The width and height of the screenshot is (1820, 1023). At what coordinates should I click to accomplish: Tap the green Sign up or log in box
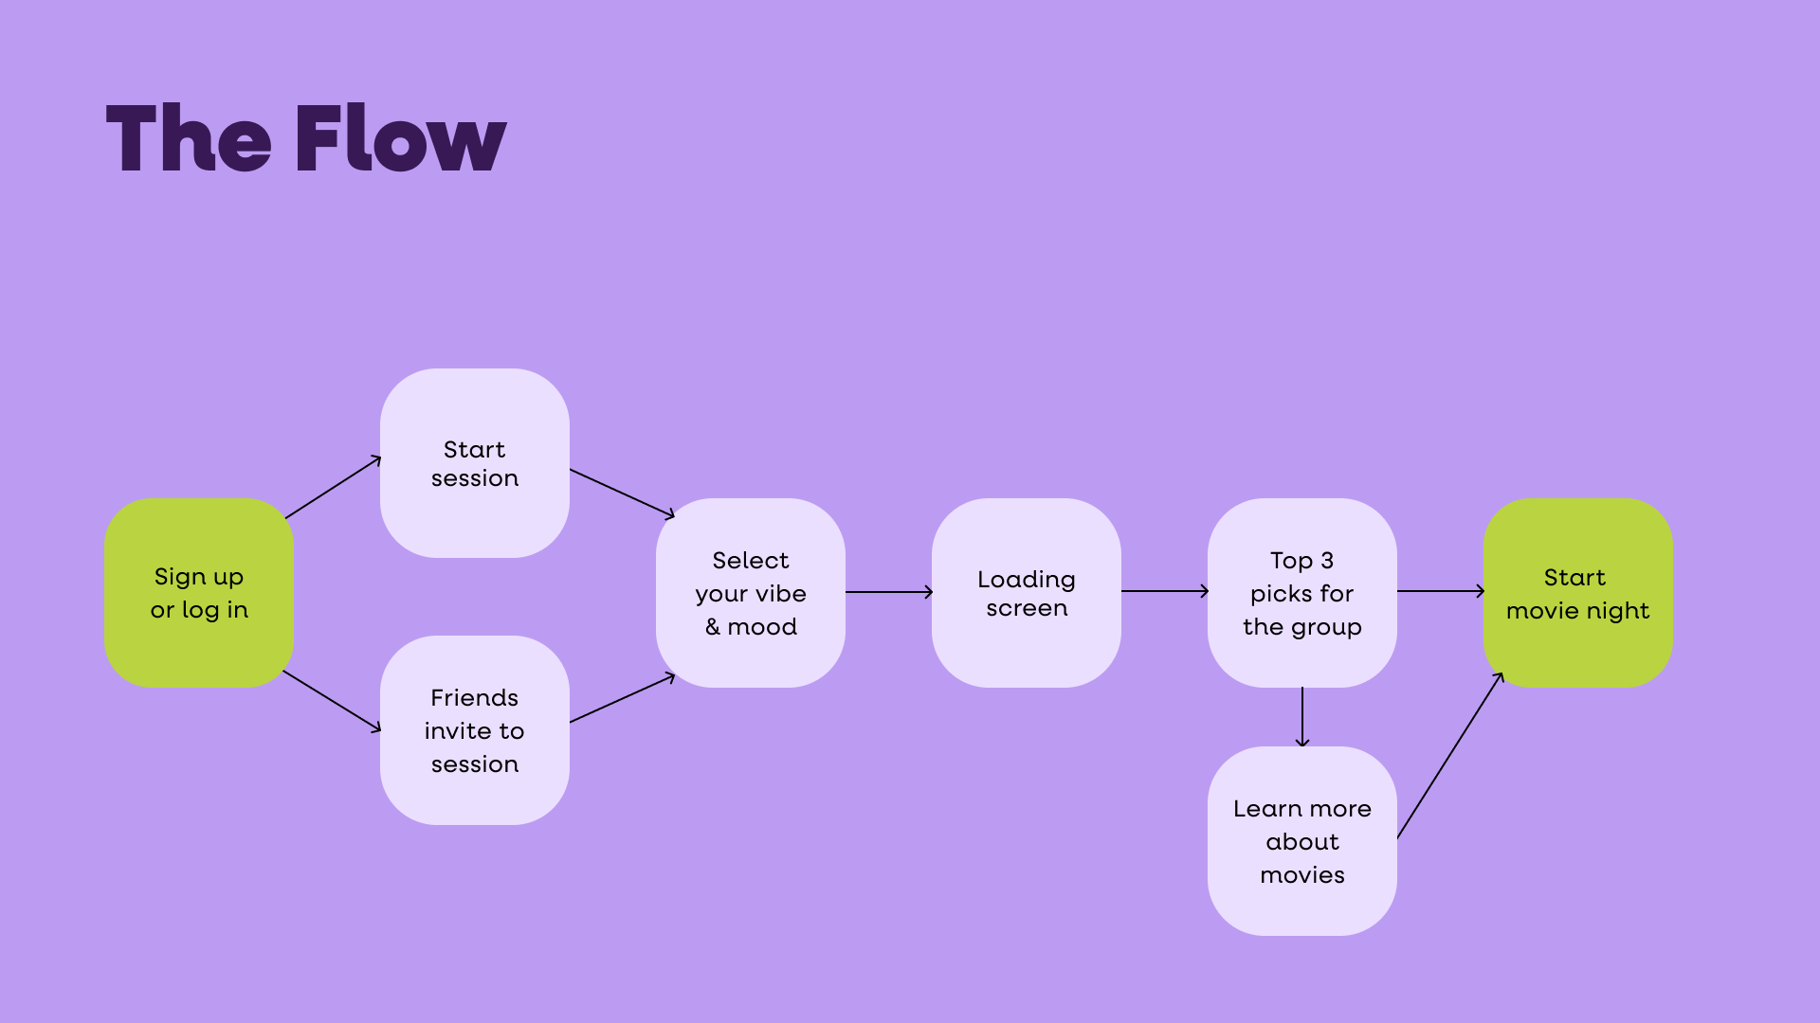coord(199,593)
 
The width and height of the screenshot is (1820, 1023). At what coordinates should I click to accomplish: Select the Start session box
coord(475,463)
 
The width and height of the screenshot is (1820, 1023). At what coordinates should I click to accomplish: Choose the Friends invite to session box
coord(475,730)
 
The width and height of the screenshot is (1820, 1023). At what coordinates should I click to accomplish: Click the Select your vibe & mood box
coord(751,593)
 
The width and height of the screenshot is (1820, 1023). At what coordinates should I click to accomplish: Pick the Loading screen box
coord(1027,593)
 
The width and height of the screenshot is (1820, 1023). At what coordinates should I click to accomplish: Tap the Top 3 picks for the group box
coord(1302,593)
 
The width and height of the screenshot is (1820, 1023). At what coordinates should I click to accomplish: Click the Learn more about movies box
coord(1302,841)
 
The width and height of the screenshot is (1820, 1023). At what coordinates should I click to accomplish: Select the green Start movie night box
coord(1578,593)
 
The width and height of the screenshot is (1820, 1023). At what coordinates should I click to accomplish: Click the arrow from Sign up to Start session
coord(333,488)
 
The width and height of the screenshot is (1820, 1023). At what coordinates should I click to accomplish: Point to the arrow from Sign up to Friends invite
coord(332,701)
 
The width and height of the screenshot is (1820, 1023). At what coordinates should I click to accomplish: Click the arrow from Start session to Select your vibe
coord(622,493)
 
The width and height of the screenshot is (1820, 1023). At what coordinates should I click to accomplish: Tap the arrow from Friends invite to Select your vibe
coord(622,699)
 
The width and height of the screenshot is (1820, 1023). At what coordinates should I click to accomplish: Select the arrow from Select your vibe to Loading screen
coord(889,592)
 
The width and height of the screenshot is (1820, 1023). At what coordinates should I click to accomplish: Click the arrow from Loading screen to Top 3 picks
coord(1165,591)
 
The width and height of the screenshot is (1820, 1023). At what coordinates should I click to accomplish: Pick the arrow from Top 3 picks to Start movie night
coord(1441,591)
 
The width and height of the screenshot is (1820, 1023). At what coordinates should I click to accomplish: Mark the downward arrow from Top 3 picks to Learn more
coord(1302,717)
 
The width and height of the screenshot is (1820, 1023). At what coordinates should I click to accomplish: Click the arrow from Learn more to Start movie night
coord(1450,756)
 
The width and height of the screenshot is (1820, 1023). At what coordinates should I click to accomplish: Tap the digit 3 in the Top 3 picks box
coord(1327,561)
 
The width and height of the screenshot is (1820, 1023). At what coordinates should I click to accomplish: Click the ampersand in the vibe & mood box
coord(713,627)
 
